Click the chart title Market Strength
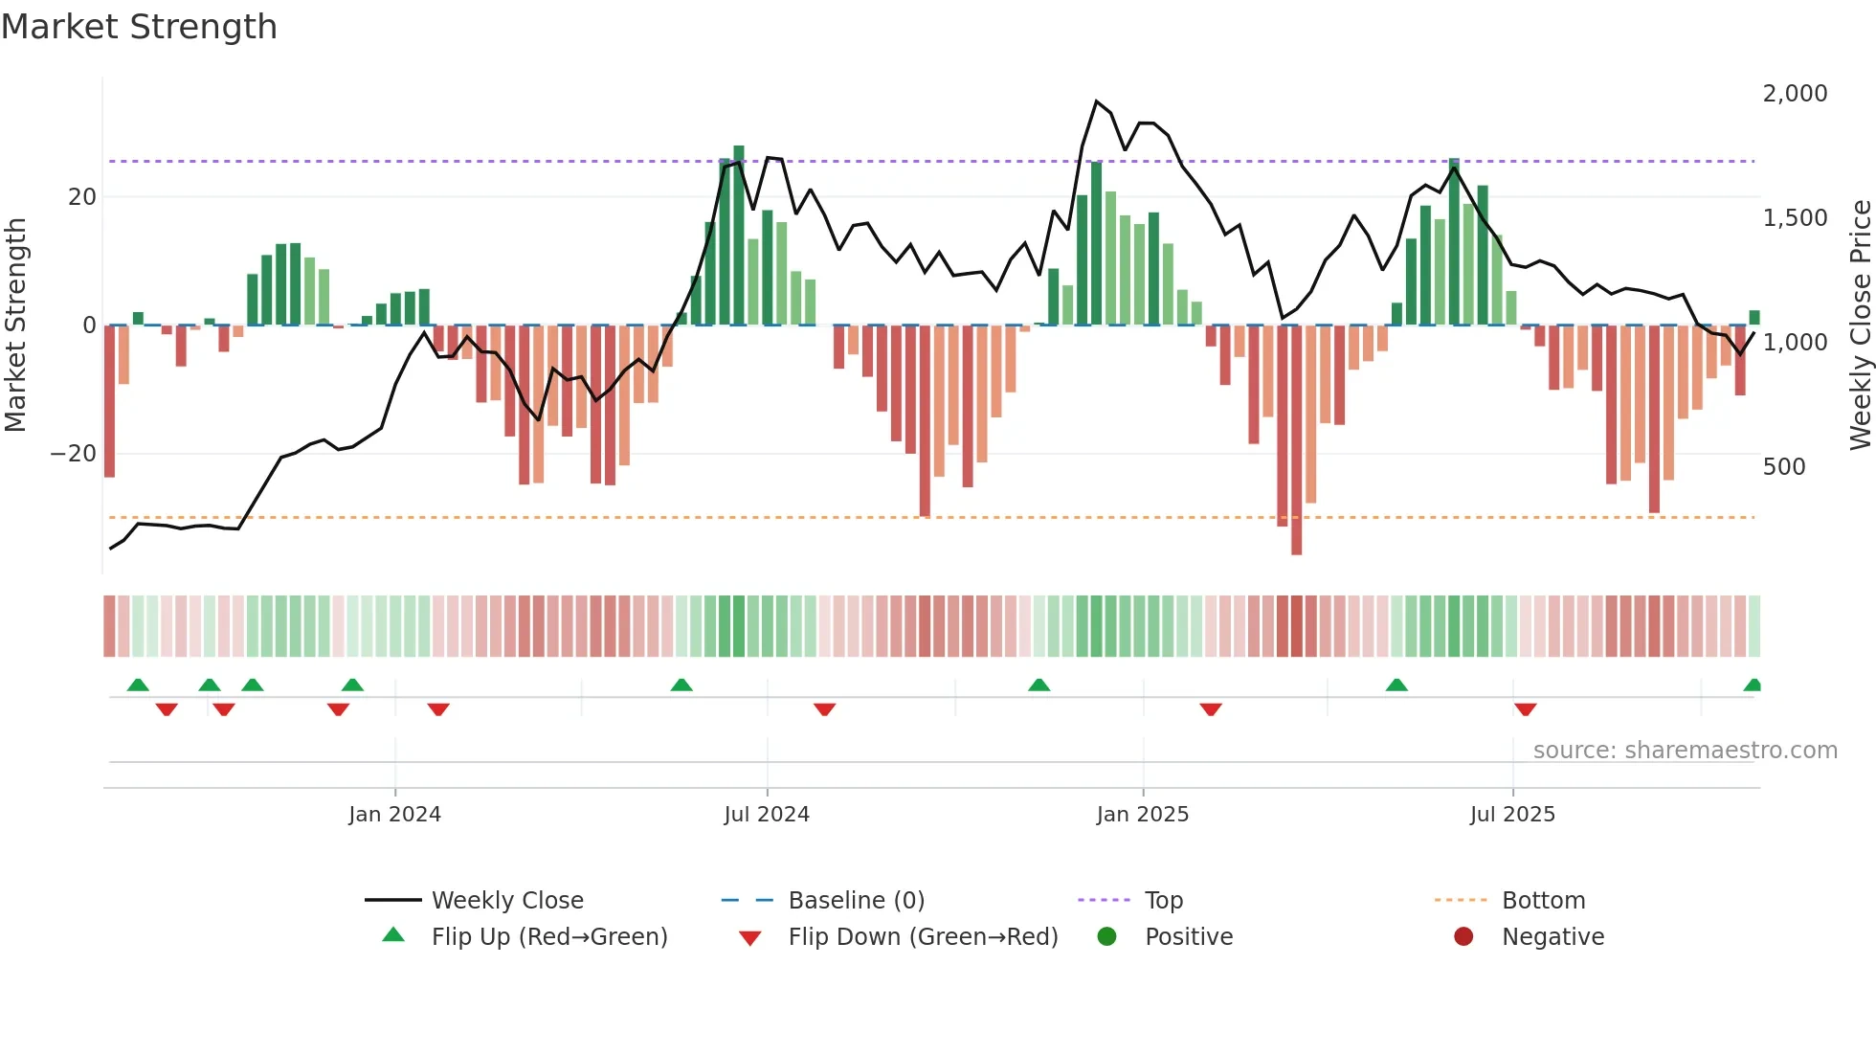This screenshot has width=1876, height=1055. coord(139,27)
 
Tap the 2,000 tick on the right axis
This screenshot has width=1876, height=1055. coord(1795,94)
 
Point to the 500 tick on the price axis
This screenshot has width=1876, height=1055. coord(1784,467)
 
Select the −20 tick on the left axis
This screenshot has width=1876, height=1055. coord(74,454)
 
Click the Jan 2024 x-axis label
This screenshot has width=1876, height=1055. coord(394,815)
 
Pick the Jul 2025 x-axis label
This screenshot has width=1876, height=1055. coord(1512,815)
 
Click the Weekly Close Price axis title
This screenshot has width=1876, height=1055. coord(1860,325)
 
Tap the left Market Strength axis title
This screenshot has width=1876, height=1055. coord(16,325)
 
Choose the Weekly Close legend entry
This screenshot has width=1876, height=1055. coord(506,901)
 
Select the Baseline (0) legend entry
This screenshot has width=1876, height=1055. coord(856,901)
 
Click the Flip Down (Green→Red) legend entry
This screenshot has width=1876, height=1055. coord(923,937)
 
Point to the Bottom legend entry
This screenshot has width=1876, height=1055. coord(1543,901)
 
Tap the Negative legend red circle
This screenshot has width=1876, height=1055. coord(1463,937)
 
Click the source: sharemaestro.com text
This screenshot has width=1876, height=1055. coord(1685,751)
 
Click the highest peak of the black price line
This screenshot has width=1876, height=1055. coord(1097,101)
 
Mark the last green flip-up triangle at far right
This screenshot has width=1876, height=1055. coord(1753,685)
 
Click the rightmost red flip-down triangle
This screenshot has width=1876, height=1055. coord(1526,709)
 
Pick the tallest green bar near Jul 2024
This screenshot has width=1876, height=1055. coord(738,235)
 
